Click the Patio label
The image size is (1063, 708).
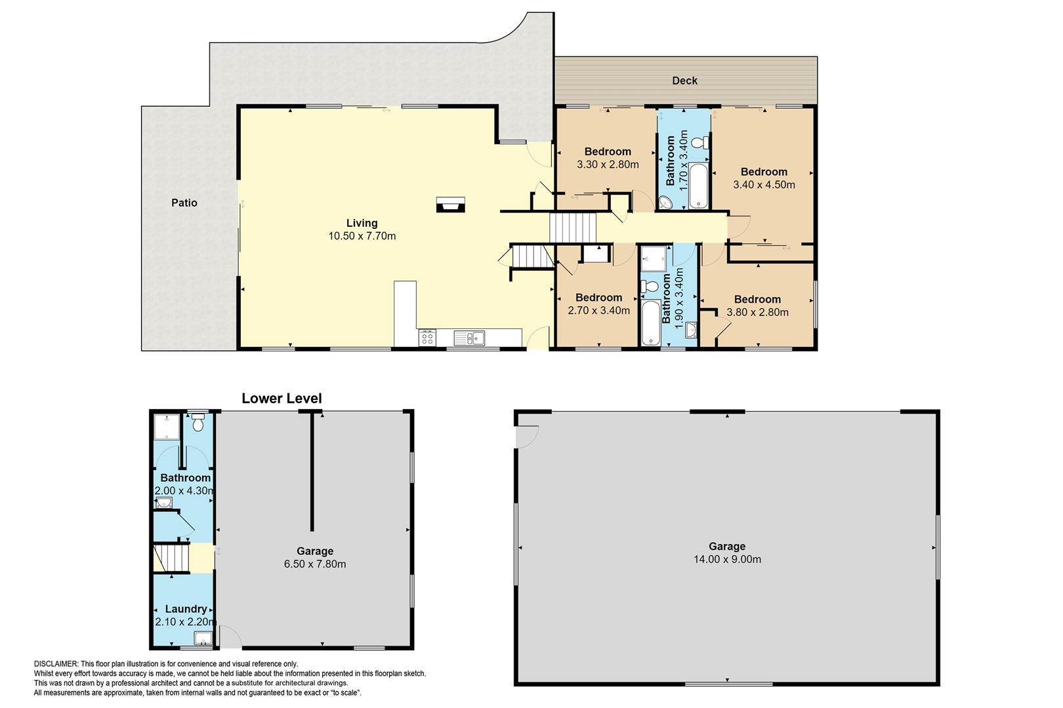tap(184, 203)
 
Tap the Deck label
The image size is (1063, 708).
tap(685, 81)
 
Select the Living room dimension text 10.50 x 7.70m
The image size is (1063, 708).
tap(362, 236)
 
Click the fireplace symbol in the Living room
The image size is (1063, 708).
tap(450, 205)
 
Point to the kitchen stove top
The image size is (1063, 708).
tap(427, 338)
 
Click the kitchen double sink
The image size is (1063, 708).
tap(469, 338)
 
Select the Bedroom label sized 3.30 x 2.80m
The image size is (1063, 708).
tap(608, 151)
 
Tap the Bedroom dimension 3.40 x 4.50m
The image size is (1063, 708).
tap(764, 185)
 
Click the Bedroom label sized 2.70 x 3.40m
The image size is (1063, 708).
tap(599, 298)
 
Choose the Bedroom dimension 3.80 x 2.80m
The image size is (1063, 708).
tap(757, 313)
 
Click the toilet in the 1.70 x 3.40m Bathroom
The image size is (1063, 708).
tap(700, 142)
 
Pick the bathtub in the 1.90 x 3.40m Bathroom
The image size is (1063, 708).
tap(651, 323)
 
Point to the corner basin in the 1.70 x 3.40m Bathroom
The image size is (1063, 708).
tap(665, 203)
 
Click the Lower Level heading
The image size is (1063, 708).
tap(282, 399)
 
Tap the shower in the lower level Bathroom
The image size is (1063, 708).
tap(167, 427)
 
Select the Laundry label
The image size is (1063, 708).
tap(186, 609)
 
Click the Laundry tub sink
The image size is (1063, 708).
tap(203, 639)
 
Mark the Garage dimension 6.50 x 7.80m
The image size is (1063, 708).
tap(315, 564)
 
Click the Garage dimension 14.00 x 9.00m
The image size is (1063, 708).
tap(728, 560)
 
